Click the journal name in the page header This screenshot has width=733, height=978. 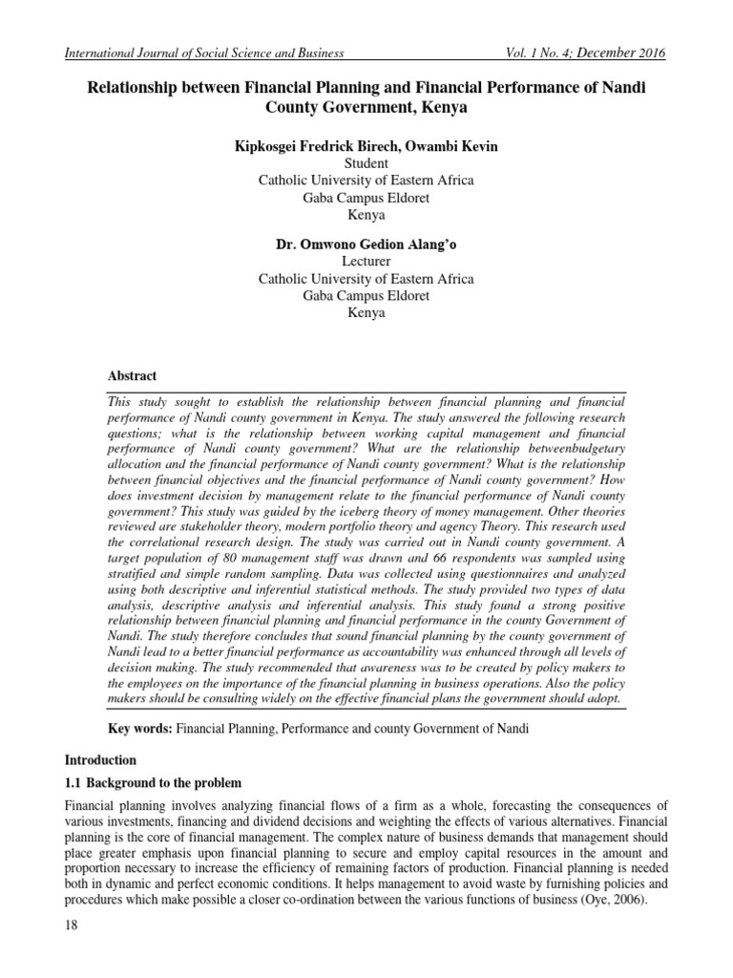(203, 53)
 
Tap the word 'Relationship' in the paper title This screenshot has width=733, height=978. (141, 88)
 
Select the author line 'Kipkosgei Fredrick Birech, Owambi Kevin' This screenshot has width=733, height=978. (366, 147)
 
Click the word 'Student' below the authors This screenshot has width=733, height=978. (366, 163)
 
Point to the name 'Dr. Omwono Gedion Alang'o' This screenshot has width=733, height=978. (366, 245)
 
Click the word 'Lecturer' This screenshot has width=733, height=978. (366, 262)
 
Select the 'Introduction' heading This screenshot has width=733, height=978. (101, 761)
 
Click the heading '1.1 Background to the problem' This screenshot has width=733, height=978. (154, 783)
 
